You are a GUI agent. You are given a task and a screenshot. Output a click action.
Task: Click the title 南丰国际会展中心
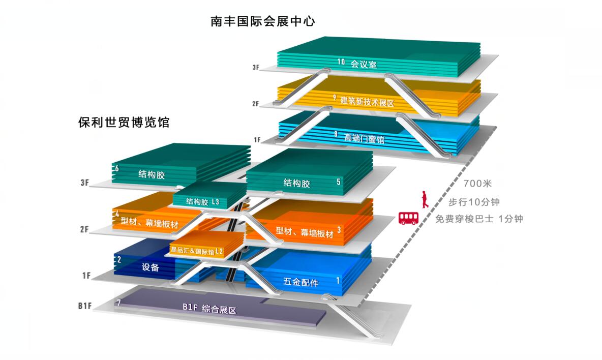(263, 21)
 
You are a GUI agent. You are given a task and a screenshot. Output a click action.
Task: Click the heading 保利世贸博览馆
(124, 123)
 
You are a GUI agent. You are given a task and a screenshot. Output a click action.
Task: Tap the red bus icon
(408, 218)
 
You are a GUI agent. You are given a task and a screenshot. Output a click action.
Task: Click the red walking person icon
(424, 199)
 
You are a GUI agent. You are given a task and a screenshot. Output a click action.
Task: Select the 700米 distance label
(477, 184)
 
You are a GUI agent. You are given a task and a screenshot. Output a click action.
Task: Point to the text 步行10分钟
(474, 202)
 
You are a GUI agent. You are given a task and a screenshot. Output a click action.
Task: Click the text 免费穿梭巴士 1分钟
(479, 219)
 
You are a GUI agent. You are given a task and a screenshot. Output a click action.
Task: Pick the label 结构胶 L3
(202, 201)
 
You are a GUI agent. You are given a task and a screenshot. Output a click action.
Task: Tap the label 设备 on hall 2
(150, 267)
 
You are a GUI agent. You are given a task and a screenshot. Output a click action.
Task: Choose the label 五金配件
(301, 283)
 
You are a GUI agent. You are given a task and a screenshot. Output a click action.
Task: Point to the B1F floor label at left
(85, 306)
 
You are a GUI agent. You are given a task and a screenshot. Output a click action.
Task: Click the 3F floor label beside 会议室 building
(256, 68)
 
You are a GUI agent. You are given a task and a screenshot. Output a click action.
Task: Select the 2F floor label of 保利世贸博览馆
(84, 229)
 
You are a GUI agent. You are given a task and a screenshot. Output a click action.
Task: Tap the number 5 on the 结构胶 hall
(338, 182)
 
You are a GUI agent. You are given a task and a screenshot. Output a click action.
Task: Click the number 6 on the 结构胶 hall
(117, 168)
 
